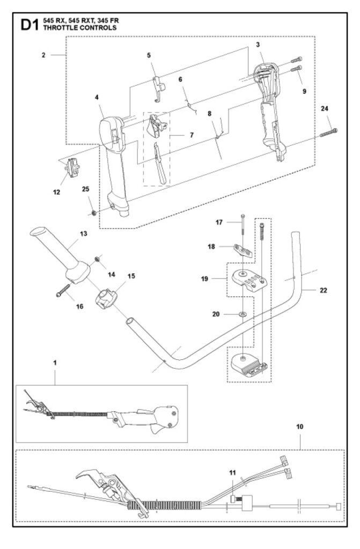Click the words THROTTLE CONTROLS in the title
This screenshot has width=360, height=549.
coord(80,28)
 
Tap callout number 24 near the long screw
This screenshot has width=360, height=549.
coord(325,108)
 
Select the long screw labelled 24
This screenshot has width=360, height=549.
coord(329,133)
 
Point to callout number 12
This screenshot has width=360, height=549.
coord(56,192)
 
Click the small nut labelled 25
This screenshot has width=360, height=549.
coord(94,212)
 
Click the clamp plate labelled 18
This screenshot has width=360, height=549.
coord(243,251)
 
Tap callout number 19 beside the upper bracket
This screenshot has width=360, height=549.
coord(204,279)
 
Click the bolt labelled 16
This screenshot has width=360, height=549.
coord(63,290)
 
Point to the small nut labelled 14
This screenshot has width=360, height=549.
coord(97,259)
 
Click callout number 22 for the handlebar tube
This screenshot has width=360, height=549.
coord(323,290)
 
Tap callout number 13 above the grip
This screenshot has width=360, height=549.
coord(83,234)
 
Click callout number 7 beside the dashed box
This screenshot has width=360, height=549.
coord(192,135)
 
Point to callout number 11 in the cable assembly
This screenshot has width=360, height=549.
coord(232,473)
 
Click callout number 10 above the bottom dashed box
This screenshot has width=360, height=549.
coord(300,426)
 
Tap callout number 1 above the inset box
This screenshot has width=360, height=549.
coord(55,363)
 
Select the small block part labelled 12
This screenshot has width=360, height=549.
coord(72,168)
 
